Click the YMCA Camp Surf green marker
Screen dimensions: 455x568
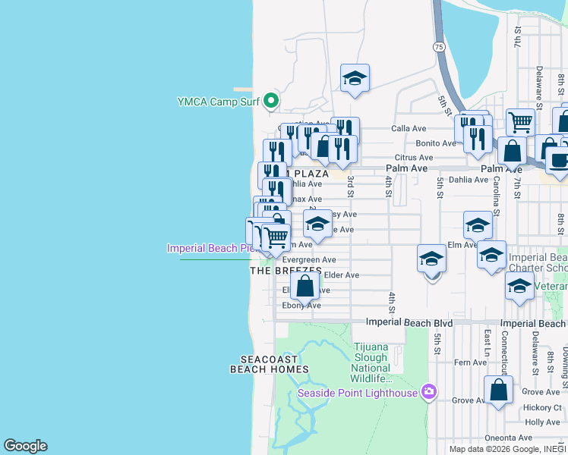click(270, 101)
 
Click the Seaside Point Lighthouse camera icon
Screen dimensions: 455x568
click(428, 392)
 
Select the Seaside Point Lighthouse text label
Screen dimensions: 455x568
click(357, 393)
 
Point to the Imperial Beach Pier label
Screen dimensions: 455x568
click(212, 248)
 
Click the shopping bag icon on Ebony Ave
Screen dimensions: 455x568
click(305, 286)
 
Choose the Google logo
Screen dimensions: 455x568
click(25, 446)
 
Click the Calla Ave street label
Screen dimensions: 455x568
click(409, 129)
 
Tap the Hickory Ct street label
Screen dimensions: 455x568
click(542, 407)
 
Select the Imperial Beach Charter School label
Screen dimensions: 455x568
click(538, 262)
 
